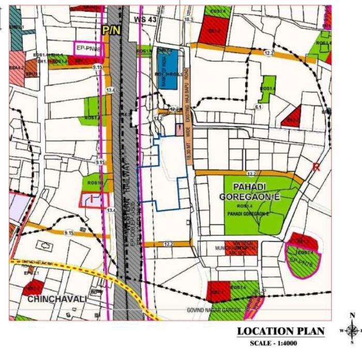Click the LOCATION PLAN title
[x=280, y=331]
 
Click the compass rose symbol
[x=352, y=329]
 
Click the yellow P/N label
[x=111, y=30]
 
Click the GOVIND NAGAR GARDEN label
[x=214, y=310]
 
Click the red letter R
[x=316, y=167]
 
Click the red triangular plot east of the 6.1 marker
[x=292, y=117]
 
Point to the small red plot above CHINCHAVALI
[x=33, y=287]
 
